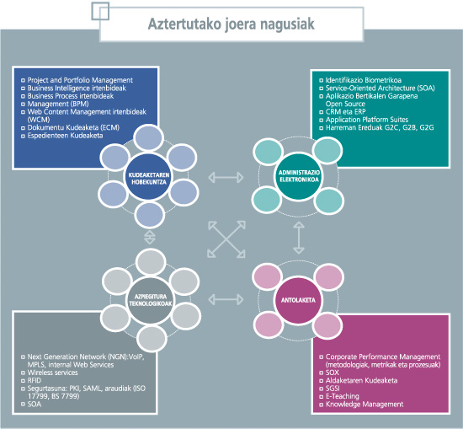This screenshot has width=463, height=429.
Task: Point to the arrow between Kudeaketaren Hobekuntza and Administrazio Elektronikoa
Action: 223,178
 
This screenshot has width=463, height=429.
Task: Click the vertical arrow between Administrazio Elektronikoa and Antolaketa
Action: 298,240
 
